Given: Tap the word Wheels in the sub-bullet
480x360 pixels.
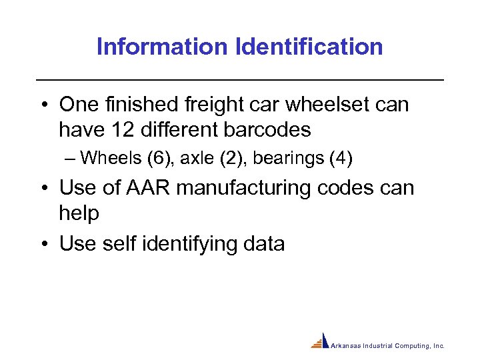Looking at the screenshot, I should click(107, 159).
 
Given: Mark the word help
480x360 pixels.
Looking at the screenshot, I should click(79, 213).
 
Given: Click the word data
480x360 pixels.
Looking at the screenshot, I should click(265, 244).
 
